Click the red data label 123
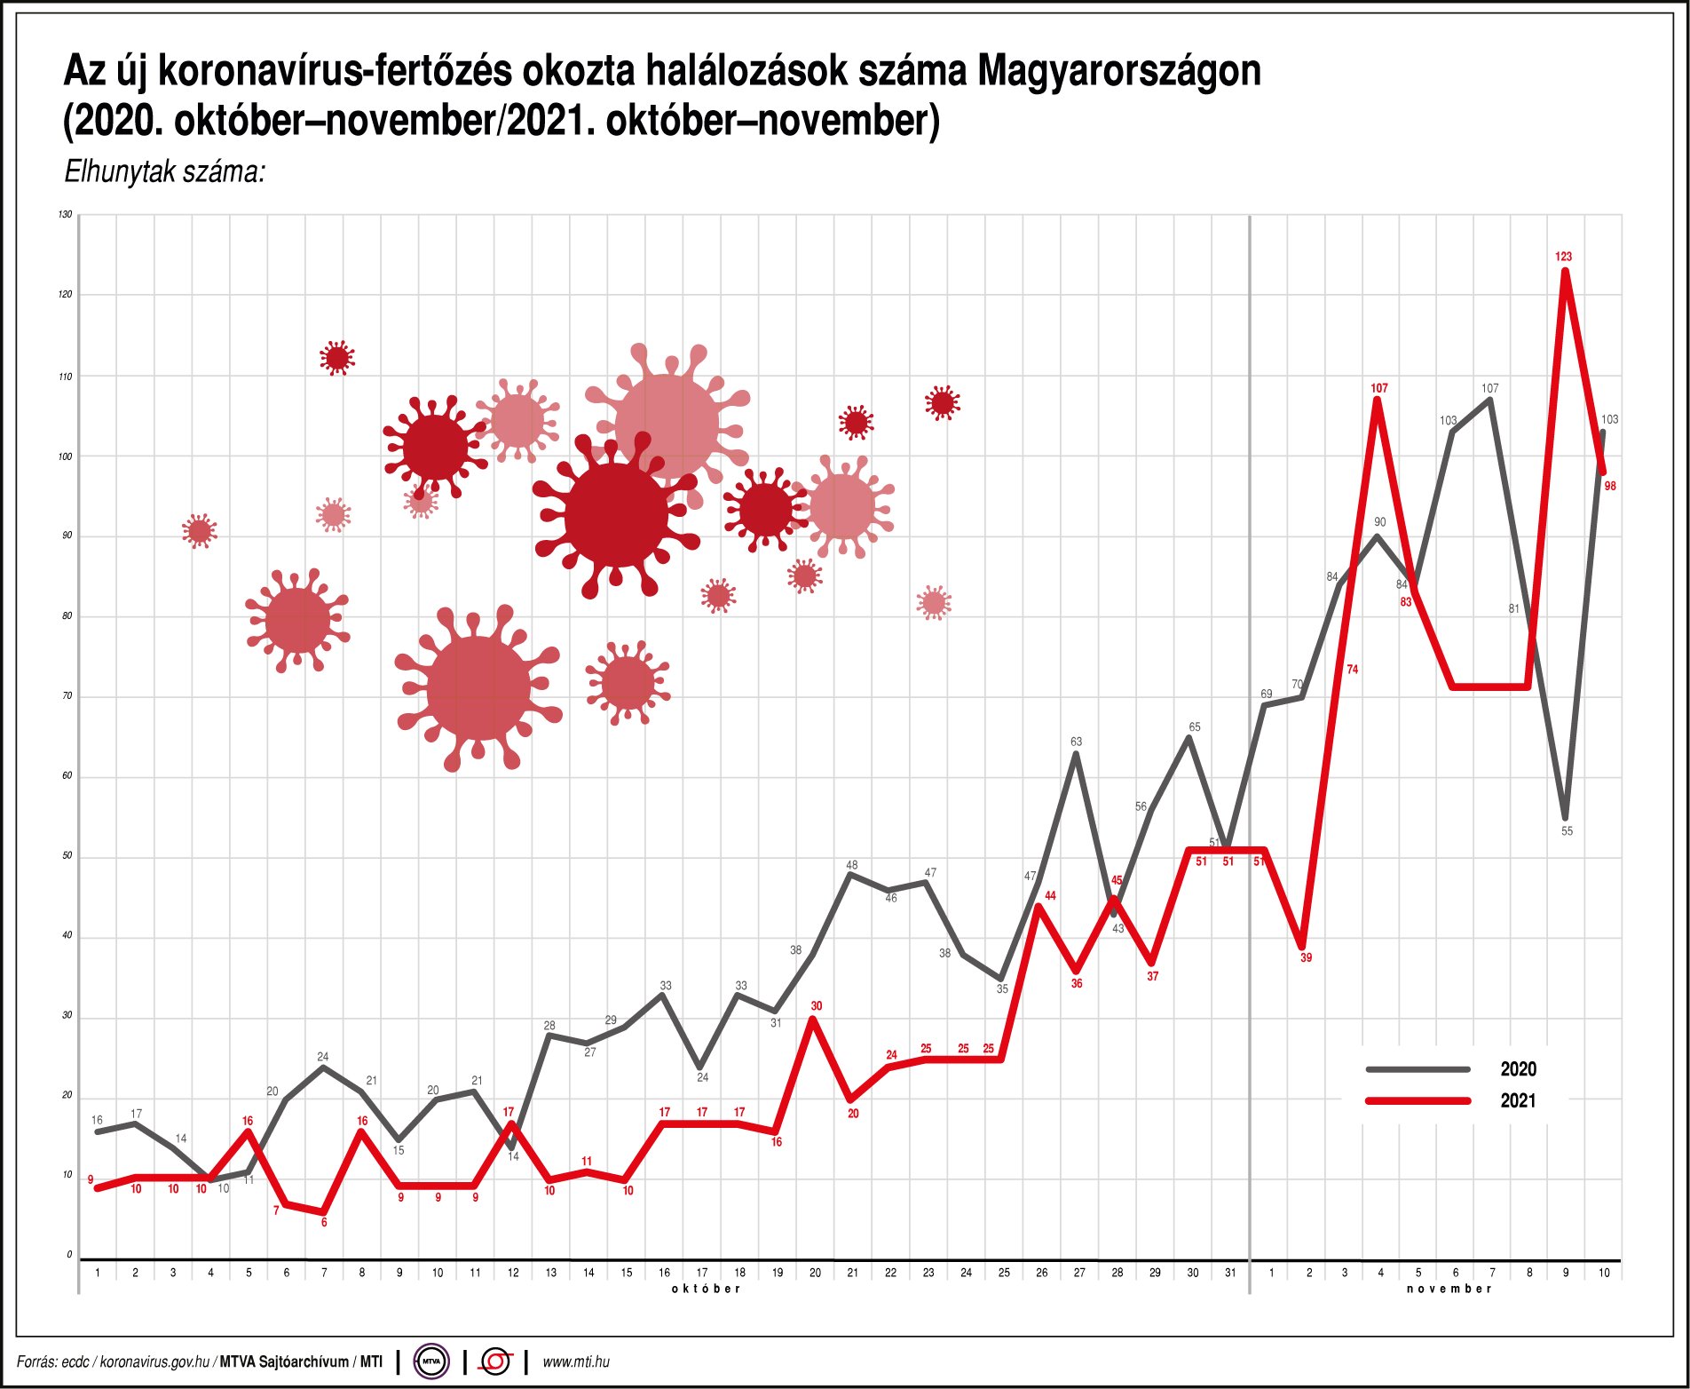[1563, 257]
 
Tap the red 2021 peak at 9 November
[1565, 271]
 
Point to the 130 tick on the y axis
[65, 215]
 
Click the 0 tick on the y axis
[69, 1255]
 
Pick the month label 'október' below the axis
[706, 1289]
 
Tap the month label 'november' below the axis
[1449, 1289]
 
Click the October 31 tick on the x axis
[1230, 1273]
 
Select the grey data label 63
[1076, 742]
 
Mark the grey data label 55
[1567, 831]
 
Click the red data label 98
[1610, 487]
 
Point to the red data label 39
[1306, 958]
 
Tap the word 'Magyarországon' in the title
[1119, 71]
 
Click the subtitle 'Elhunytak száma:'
[165, 171]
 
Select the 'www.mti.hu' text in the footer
[576, 1361]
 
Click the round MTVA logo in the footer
[431, 1361]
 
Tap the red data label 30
[817, 1006]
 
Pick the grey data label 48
[852, 865]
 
